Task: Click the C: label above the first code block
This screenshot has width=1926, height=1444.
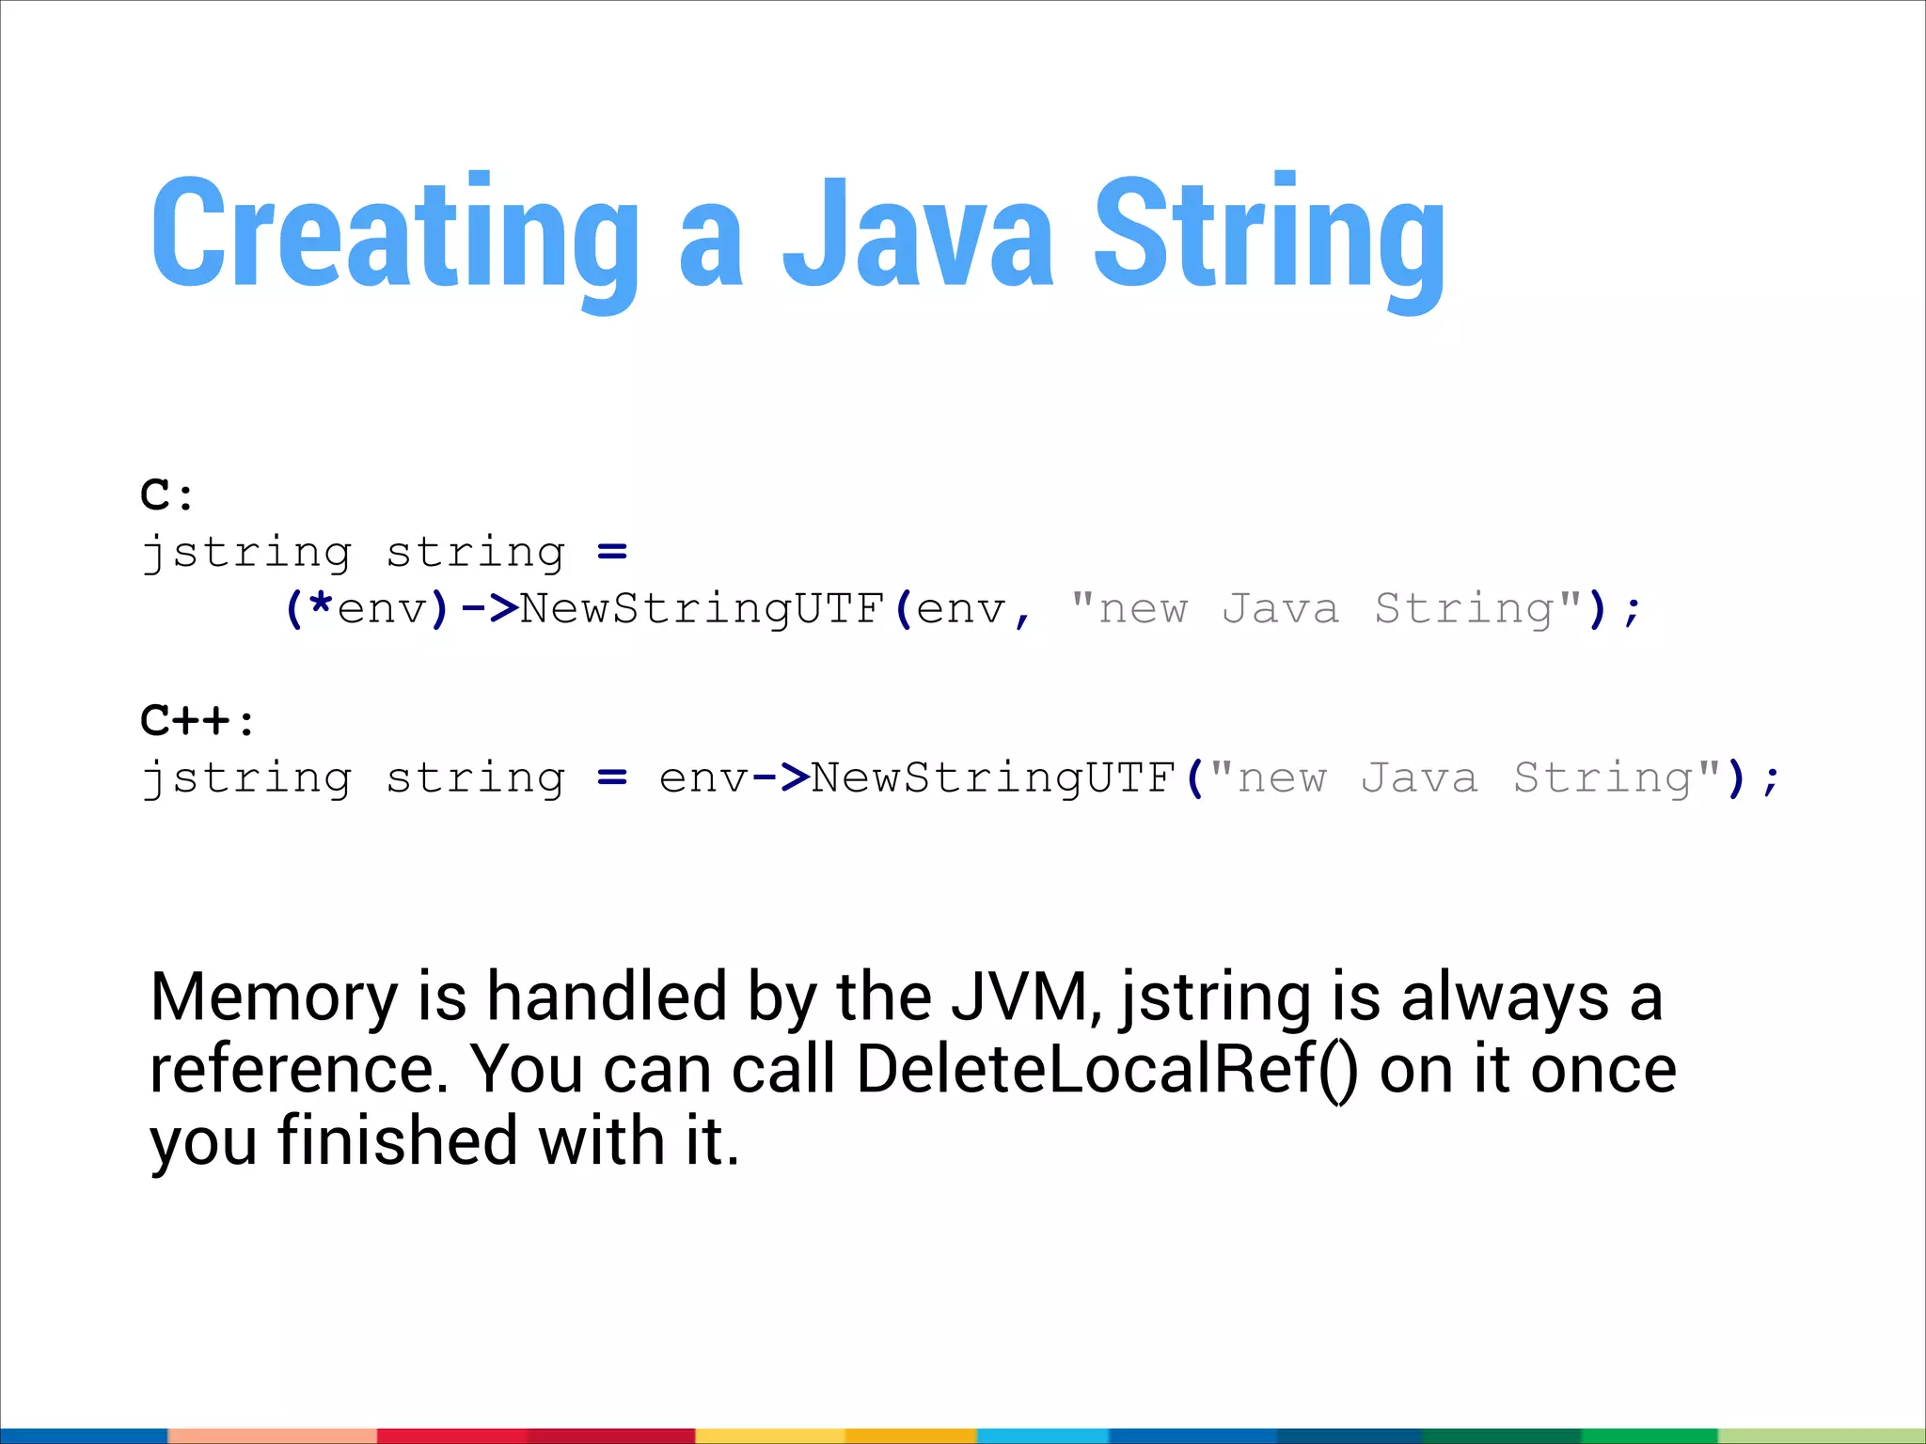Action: pyautogui.click(x=167, y=495)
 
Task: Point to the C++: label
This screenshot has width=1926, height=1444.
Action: pyautogui.click(x=197, y=721)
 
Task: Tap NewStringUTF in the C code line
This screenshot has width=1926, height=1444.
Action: pyautogui.click(x=703, y=608)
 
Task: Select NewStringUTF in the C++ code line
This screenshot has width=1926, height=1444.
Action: pyautogui.click(x=994, y=777)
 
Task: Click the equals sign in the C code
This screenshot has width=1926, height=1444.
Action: pyautogui.click(x=612, y=552)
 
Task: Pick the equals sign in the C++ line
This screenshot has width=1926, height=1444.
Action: pyautogui.click(x=612, y=777)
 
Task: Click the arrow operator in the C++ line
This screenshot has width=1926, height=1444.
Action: pyautogui.click(x=781, y=777)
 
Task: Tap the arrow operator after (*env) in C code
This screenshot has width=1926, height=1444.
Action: pyautogui.click(x=490, y=608)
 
